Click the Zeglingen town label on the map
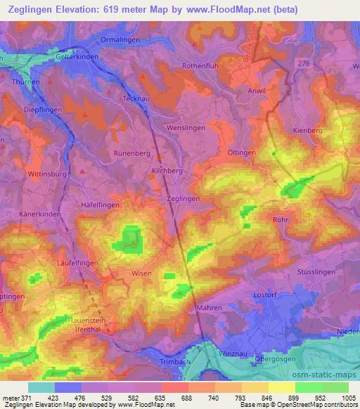pos(183,199)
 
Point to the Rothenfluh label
pos(202,66)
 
